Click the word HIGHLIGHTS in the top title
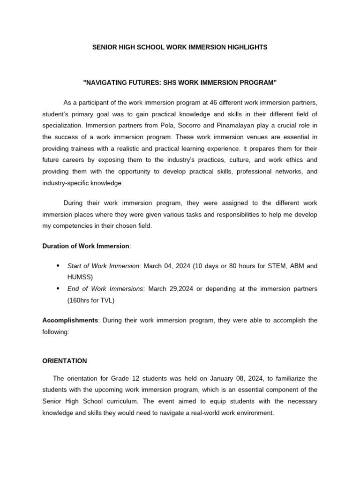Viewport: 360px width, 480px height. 244,47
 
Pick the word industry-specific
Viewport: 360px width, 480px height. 66,183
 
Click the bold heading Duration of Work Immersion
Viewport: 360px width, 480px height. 85,246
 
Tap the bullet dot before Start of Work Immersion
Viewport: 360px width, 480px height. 58,266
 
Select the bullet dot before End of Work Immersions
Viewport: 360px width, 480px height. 58,289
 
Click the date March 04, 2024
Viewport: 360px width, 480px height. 166,266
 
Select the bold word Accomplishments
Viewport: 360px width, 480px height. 70,320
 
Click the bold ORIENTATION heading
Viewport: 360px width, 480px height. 65,361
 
